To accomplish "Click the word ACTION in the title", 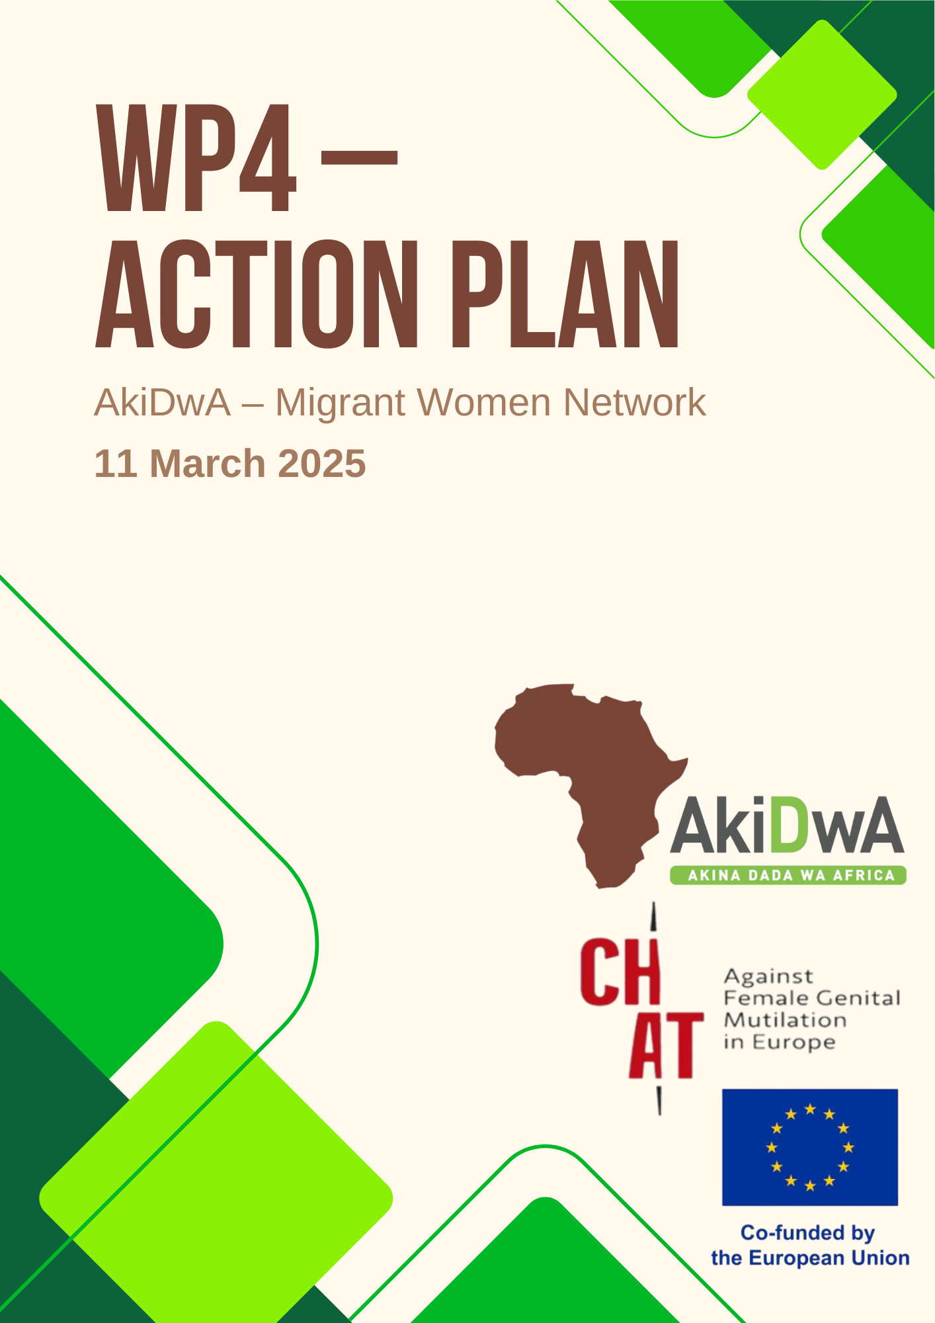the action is pyautogui.click(x=258, y=294).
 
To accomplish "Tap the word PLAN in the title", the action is pyautogui.click(x=566, y=294).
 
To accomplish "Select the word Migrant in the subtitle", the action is pyautogui.click(x=339, y=403).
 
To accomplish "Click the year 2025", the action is pyautogui.click(x=322, y=463).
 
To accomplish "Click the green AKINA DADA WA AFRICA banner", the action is pyautogui.click(x=788, y=875).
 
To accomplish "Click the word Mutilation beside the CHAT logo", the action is pyautogui.click(x=786, y=1020).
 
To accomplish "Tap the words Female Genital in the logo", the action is pyautogui.click(x=812, y=998).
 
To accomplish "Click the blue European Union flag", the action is pyautogui.click(x=810, y=1148).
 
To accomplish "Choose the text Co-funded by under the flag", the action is pyautogui.click(x=807, y=1233).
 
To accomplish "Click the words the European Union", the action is pyautogui.click(x=810, y=1258).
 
